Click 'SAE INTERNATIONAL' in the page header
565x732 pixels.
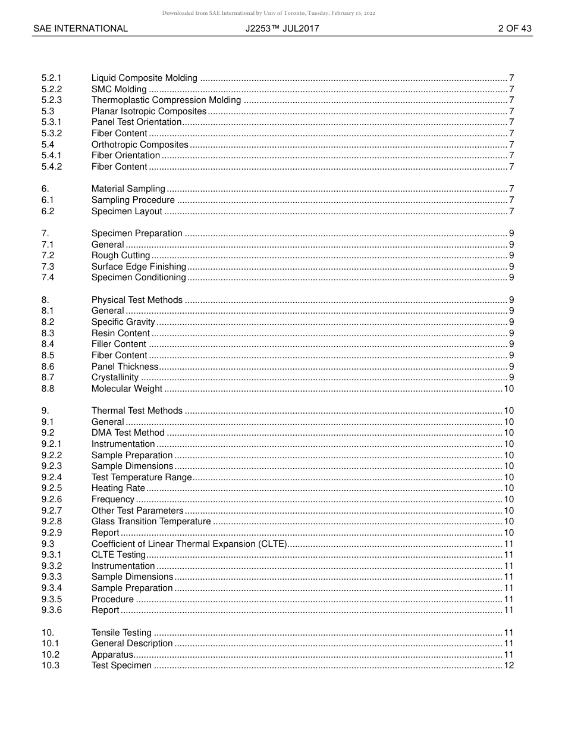coord(80,29)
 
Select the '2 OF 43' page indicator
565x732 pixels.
coord(514,29)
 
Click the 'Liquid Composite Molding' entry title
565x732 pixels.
coord(144,78)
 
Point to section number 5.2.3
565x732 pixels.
coord(52,100)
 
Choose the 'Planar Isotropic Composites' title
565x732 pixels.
coord(149,111)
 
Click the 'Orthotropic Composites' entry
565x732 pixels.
coord(140,145)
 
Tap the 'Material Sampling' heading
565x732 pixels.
coord(128,189)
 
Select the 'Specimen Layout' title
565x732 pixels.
coord(127,211)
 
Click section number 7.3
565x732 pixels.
coord(48,267)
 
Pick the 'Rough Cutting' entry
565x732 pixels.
coord(121,255)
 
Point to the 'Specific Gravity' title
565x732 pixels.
coord(123,322)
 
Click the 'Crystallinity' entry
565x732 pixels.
coord(115,377)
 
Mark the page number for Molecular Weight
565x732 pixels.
coord(508,389)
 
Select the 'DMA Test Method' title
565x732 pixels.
coord(128,433)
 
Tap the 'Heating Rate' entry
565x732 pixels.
coord(118,488)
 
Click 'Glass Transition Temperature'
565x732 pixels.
coord(151,521)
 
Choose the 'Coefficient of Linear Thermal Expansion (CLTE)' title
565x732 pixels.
coord(189,544)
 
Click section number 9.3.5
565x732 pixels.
coord(52,599)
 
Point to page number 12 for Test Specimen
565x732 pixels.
coord(508,665)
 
